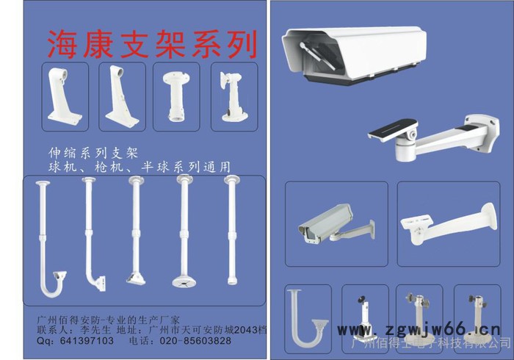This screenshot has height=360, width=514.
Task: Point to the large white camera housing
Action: tap(352, 55)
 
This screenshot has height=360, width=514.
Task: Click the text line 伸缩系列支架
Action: tap(93, 154)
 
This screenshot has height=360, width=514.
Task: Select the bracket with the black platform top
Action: tap(433, 137)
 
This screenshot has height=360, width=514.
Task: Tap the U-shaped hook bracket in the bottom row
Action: tap(304, 319)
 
